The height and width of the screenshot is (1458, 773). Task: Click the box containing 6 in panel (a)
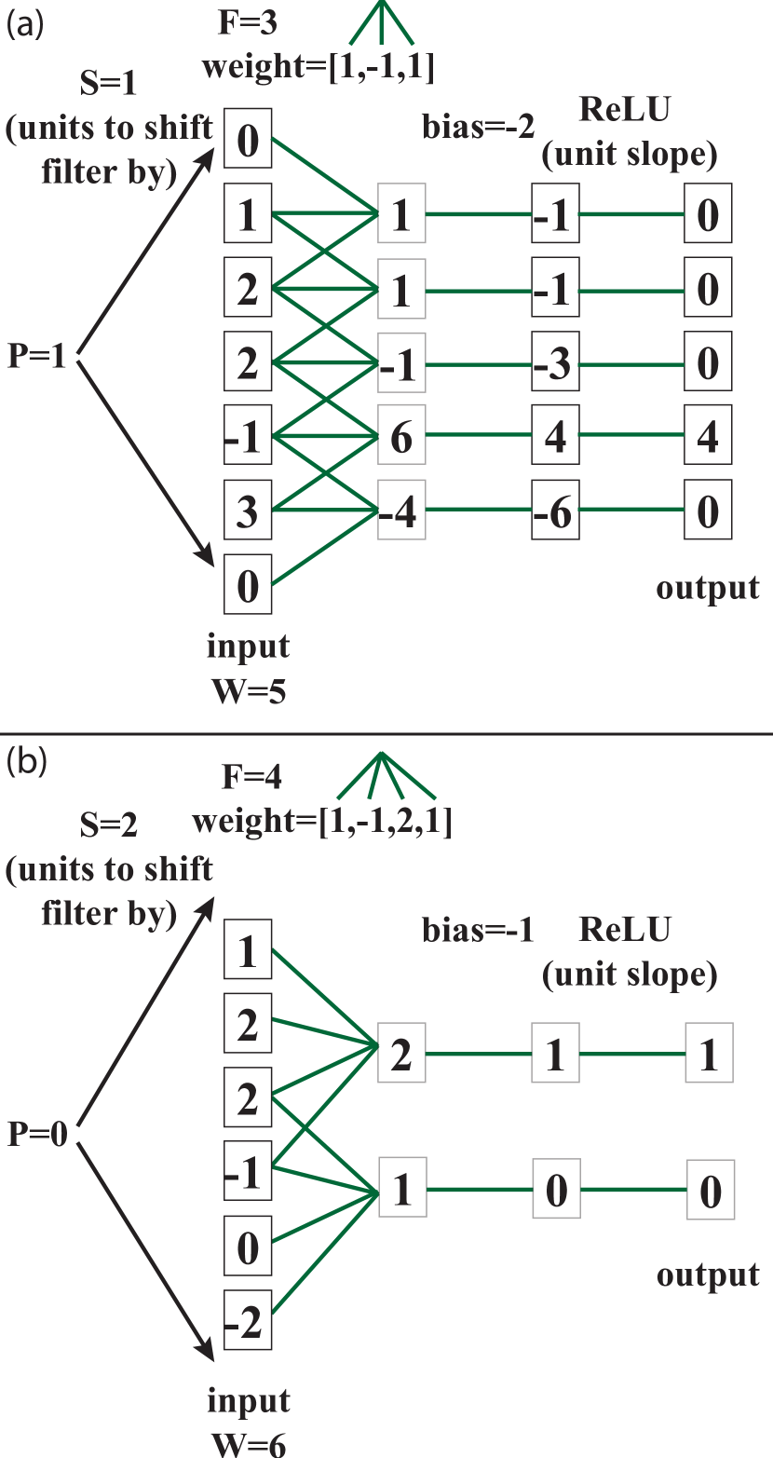(x=401, y=437)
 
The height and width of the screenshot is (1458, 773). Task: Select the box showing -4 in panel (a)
(x=401, y=511)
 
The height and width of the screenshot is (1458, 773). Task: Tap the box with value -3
(x=555, y=362)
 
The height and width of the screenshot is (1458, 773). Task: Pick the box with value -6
(x=555, y=511)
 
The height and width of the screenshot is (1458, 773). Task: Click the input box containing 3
(x=248, y=511)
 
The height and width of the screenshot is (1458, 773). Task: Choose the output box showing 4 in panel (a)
(x=709, y=437)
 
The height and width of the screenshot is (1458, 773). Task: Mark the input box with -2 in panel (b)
(x=248, y=1324)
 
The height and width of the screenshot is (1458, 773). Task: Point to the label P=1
(x=37, y=357)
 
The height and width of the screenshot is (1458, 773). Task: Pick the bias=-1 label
(x=478, y=931)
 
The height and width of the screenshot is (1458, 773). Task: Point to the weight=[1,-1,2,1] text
(x=321, y=822)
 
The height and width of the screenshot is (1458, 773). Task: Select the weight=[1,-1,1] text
(x=318, y=68)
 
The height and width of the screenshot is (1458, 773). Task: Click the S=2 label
(x=108, y=825)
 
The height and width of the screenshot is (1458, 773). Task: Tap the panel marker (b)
(x=26, y=761)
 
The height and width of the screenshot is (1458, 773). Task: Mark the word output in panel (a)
(x=708, y=589)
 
